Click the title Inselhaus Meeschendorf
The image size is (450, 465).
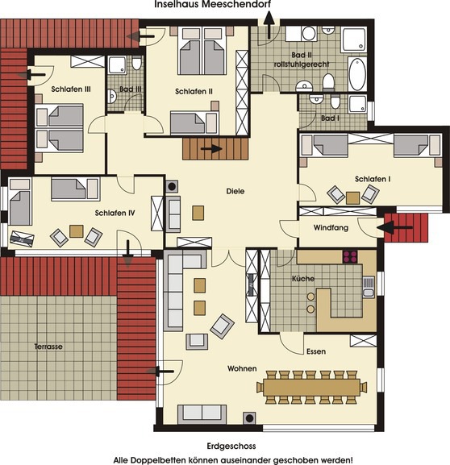pos(207,5)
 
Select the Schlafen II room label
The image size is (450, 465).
pos(194,92)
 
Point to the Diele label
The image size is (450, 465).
pos(235,191)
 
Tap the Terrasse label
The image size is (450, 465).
pos(48,346)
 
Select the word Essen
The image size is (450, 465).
pos(316,351)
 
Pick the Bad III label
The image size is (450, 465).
pos(131,89)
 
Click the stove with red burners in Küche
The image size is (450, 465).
pos(351,258)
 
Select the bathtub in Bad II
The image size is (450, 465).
pos(356,77)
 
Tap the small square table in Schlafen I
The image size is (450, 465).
pos(352,197)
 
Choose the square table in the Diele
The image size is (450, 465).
pos(198,213)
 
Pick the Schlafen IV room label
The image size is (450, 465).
pos(115,214)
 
